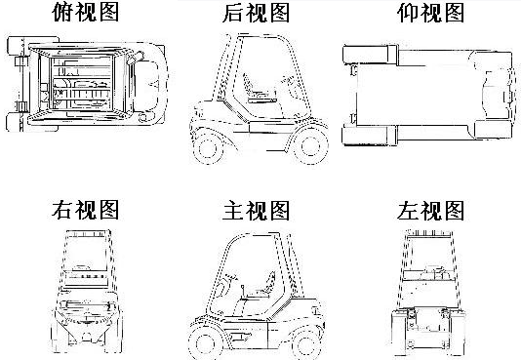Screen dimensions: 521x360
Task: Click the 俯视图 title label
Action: coord(86,13)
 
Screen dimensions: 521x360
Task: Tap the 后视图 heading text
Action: coord(256,13)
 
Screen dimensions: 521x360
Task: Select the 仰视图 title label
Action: coord(430,13)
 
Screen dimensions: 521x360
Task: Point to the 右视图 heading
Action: coord(86,210)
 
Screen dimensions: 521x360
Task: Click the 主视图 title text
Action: coord(256,210)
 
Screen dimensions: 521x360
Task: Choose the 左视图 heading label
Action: coord(430,210)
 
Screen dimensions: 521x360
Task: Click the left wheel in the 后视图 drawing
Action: coord(208,147)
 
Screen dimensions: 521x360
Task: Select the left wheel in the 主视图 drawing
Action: coord(203,343)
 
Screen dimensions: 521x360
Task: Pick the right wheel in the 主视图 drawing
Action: coord(306,343)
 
